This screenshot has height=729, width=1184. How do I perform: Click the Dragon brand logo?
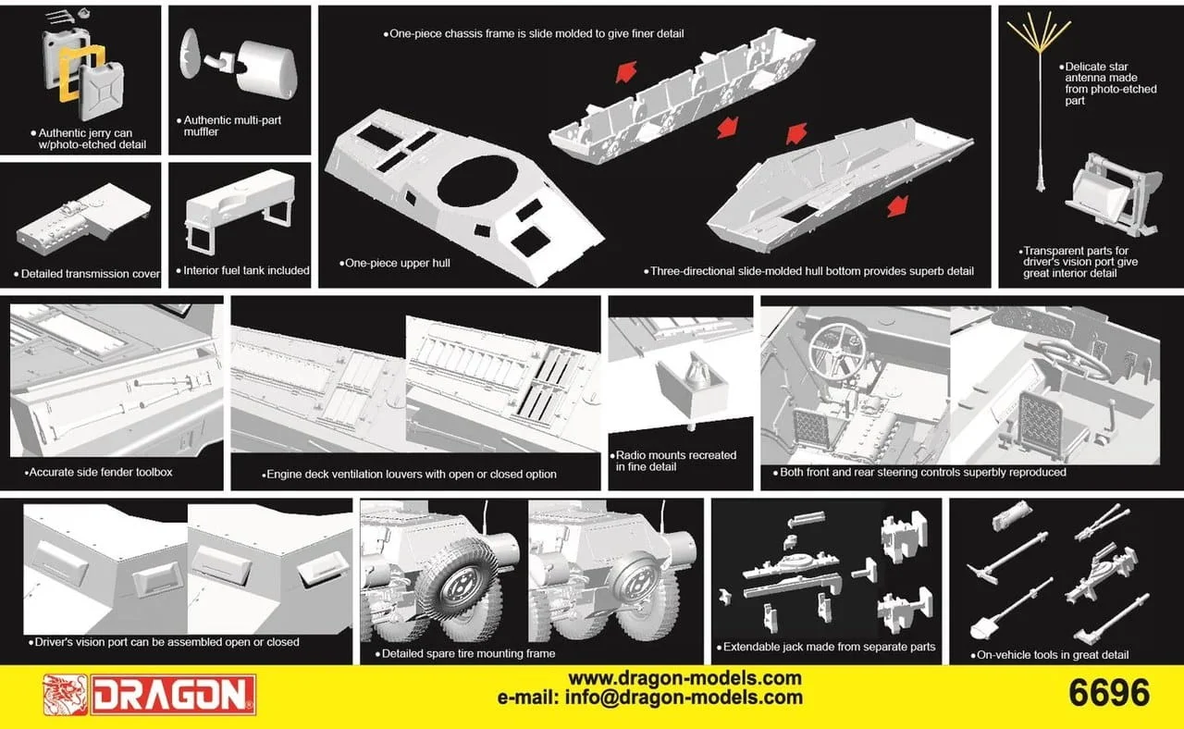pyautogui.click(x=150, y=695)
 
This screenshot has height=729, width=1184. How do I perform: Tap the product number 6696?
pyautogui.click(x=1109, y=693)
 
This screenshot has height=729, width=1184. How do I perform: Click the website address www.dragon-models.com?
pyautogui.click(x=684, y=678)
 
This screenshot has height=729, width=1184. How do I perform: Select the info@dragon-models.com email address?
pyautogui.click(x=684, y=698)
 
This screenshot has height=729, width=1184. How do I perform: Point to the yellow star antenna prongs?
pyautogui.click(x=1039, y=31)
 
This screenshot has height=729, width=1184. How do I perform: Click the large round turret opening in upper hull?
pyautogui.click(x=477, y=180)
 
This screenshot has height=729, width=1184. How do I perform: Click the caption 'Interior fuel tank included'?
pyautogui.click(x=243, y=271)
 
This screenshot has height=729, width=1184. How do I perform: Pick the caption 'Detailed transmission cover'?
pyautogui.click(x=87, y=274)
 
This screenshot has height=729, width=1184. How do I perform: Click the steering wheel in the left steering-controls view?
pyautogui.click(x=838, y=350)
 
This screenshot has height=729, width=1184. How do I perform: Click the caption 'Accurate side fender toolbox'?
pyautogui.click(x=98, y=472)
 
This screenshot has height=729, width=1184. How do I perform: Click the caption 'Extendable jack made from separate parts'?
pyautogui.click(x=826, y=647)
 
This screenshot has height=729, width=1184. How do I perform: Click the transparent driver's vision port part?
pyautogui.click(x=1097, y=195)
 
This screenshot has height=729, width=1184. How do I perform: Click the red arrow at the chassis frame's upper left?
pyautogui.click(x=626, y=72)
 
